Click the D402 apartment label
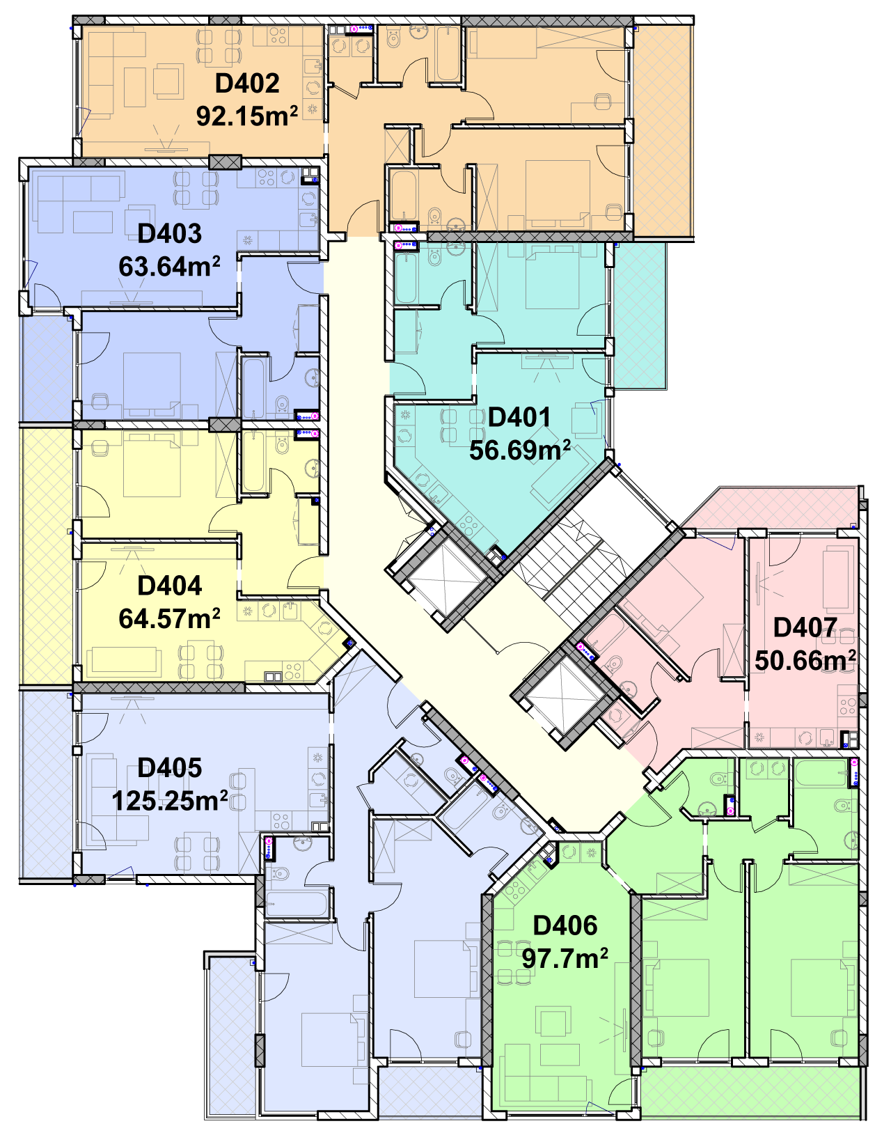click(247, 84)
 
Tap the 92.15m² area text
click(247, 116)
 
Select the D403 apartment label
click(169, 234)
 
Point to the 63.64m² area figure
click(169, 267)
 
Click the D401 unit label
click(519, 417)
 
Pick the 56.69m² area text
click(519, 450)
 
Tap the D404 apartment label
click(169, 586)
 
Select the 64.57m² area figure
click(169, 618)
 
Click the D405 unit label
click(169, 768)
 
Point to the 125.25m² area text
click(169, 801)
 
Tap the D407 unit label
click(805, 627)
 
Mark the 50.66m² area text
click(805, 660)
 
